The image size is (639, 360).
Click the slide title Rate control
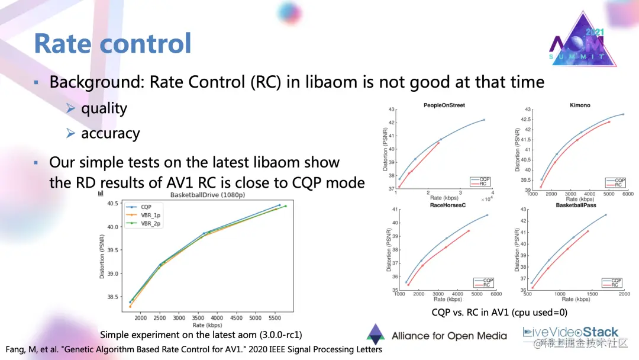(112, 44)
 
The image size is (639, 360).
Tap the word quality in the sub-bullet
(104, 108)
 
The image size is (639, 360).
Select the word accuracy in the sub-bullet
(110, 134)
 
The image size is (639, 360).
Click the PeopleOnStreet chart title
(444, 105)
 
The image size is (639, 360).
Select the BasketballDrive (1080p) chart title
(207, 195)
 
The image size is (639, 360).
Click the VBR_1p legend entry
(150, 215)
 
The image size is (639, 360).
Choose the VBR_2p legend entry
(150, 223)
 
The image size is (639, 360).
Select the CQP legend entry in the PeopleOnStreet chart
(485, 179)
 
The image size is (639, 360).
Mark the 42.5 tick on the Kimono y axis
(525, 119)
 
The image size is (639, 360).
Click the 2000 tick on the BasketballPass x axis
(624, 294)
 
